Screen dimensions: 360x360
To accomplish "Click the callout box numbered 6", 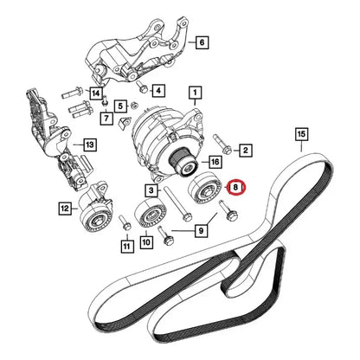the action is pyautogui.click(x=202, y=42).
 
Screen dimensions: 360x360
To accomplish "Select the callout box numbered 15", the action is pyautogui.click(x=301, y=134).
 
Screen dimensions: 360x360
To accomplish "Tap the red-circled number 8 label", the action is pyautogui.click(x=235, y=188).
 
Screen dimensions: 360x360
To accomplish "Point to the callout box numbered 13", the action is pyautogui.click(x=90, y=145).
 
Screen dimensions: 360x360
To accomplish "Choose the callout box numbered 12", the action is pyautogui.click(x=65, y=208).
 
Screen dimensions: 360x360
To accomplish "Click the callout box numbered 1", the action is pyautogui.click(x=196, y=93).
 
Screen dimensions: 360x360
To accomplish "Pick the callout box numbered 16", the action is pyautogui.click(x=215, y=162).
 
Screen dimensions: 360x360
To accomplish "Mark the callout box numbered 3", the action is pyautogui.click(x=151, y=190).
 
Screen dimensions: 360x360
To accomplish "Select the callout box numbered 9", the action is pyautogui.click(x=201, y=230).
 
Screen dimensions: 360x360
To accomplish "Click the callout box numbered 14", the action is pyautogui.click(x=95, y=93).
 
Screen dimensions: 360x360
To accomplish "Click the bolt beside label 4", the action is pyautogui.click(x=142, y=87).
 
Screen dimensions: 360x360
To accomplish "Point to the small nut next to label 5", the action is pyautogui.click(x=134, y=106).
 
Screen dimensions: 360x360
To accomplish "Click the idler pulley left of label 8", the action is pyautogui.click(x=205, y=189).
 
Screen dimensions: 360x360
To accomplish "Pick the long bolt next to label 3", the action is pyautogui.click(x=177, y=203).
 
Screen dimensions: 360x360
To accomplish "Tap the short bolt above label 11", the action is pyautogui.click(x=125, y=222).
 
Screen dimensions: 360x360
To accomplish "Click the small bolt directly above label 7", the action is pyautogui.click(x=106, y=100).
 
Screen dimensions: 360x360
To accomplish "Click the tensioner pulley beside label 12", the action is pyautogui.click(x=96, y=220).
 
